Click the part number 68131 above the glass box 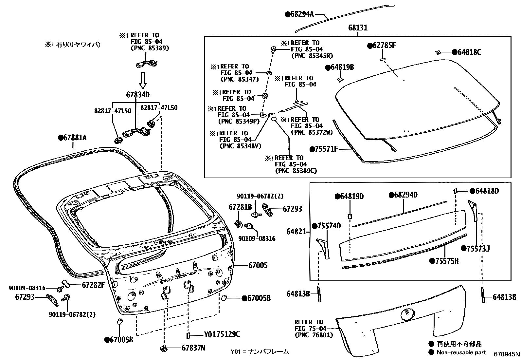[x=358, y=28]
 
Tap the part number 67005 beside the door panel [x=258, y=265]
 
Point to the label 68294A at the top [x=302, y=14]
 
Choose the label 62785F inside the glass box [x=384, y=46]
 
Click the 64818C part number [x=469, y=52]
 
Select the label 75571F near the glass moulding [x=326, y=149]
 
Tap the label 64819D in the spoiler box [x=351, y=196]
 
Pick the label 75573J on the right [x=477, y=249]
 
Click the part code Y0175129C [x=222, y=334]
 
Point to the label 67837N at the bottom [x=193, y=348]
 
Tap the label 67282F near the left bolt [x=93, y=285]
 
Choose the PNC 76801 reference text [x=314, y=335]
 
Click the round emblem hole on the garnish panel [x=407, y=314]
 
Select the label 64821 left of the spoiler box [x=296, y=232]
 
